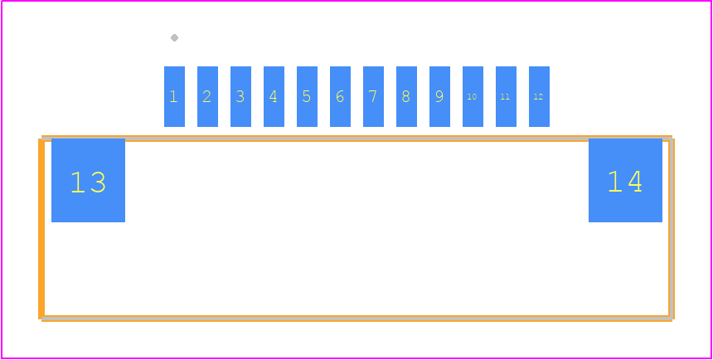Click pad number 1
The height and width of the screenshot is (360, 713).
pos(174,96)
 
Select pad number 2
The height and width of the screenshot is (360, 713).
pos(207,96)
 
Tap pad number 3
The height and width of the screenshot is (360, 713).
pos(240,96)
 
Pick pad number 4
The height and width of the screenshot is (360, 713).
pos(274,96)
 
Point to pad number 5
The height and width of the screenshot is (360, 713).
pos(307,96)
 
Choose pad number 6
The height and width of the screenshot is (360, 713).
pos(340,96)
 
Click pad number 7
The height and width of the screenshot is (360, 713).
pos(373,96)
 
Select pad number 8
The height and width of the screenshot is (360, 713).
pos(406,96)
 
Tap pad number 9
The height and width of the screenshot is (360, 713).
pos(439,96)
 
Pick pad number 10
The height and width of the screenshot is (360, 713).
pos(473,96)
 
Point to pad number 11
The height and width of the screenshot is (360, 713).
pos(506,96)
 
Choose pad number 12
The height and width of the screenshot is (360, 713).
pos(539,96)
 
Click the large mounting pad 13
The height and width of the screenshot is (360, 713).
pos(88,180)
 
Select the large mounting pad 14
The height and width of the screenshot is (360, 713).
pos(625,180)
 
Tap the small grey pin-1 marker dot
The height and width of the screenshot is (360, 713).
pos(174,38)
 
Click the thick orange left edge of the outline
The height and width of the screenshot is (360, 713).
pos(41,229)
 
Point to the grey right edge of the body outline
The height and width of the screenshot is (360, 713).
pos(671,227)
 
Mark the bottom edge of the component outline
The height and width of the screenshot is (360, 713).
pos(357,319)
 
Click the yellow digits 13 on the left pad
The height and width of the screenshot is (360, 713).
pos(88,182)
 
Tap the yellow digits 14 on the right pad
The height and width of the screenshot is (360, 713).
pos(625,181)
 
